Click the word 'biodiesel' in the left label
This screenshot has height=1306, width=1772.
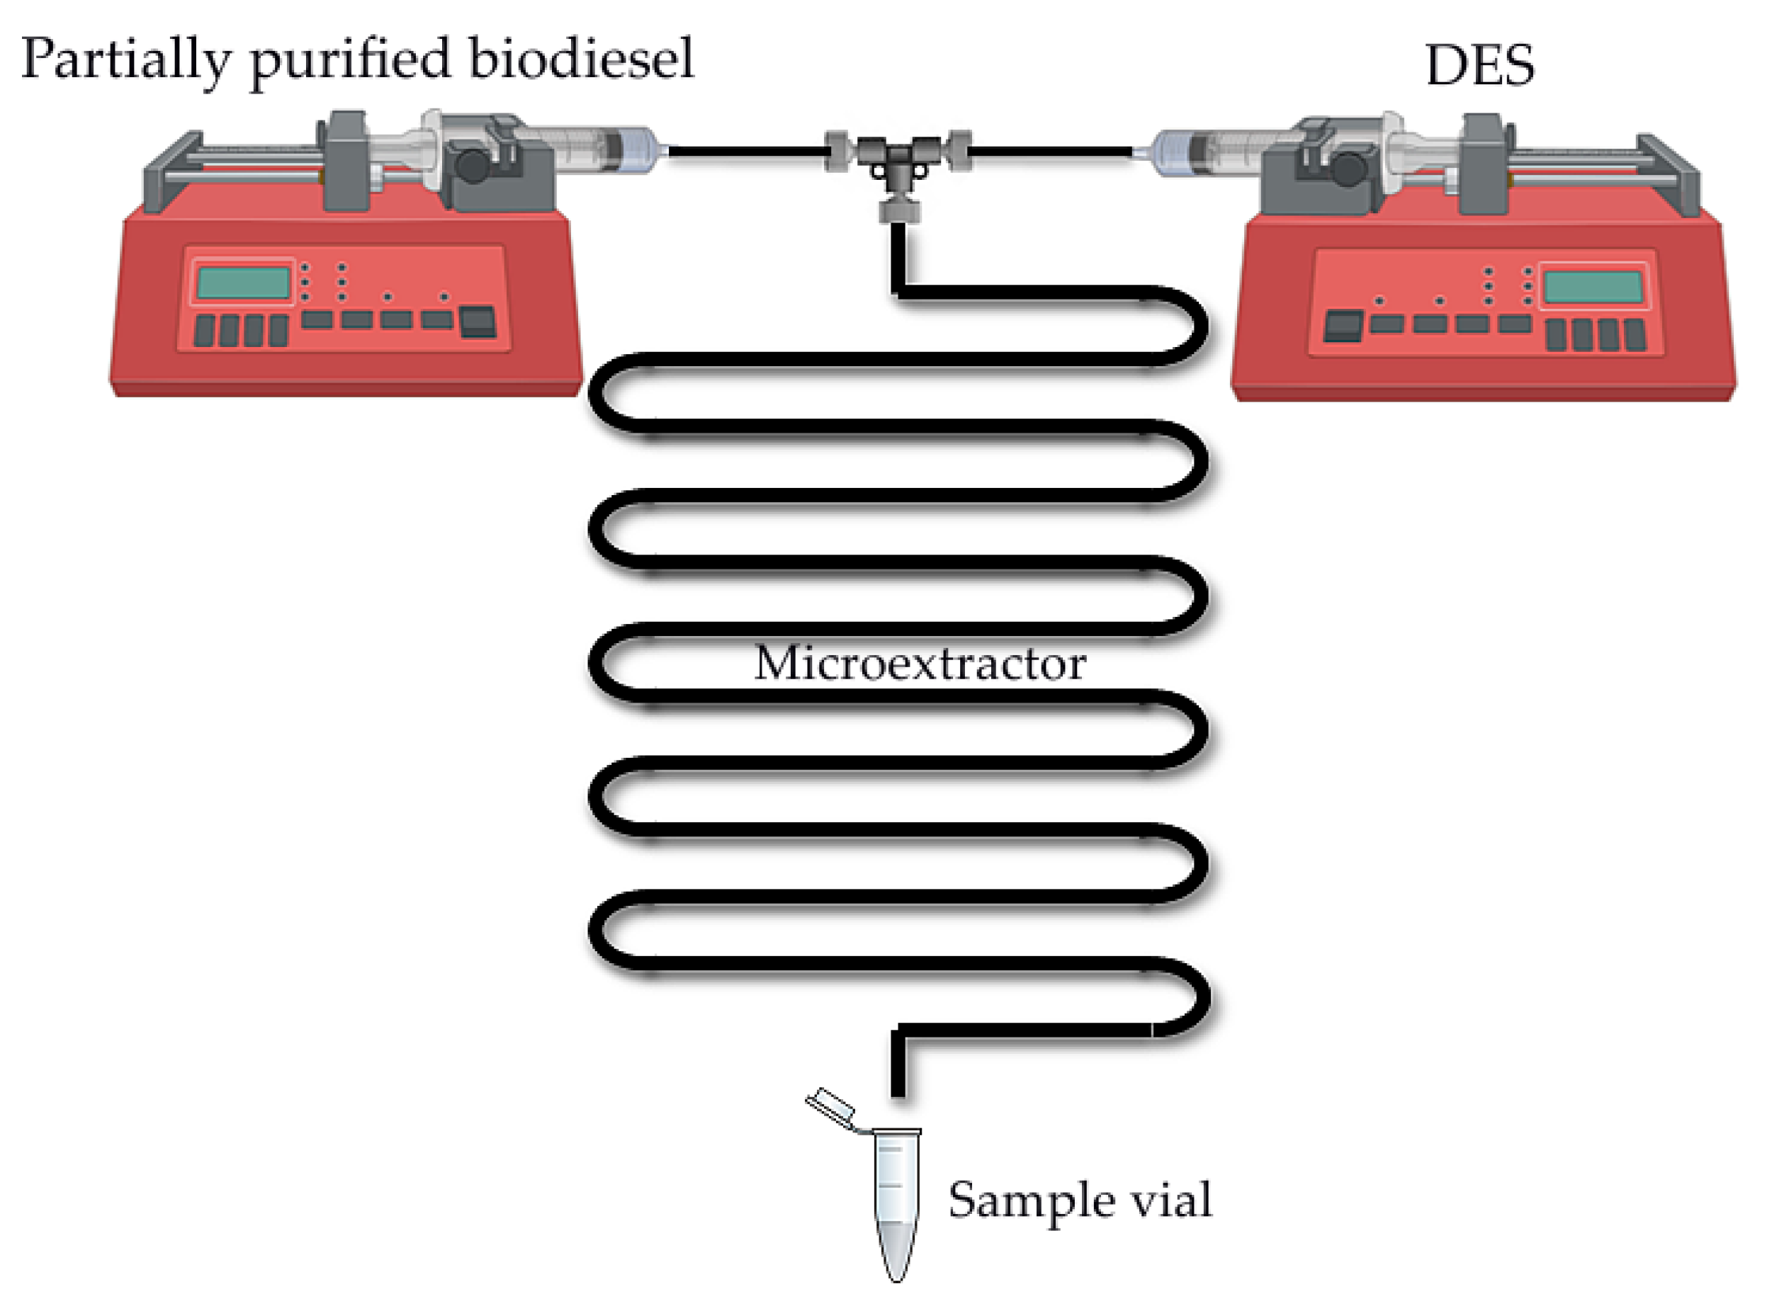581,59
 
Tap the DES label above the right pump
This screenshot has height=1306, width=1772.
1479,65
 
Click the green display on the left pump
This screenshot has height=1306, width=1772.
243,282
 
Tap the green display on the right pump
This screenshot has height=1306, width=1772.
1593,286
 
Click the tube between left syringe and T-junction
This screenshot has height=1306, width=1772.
743,150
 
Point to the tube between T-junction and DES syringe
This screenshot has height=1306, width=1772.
1051,150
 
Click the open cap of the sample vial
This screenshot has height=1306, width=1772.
830,1105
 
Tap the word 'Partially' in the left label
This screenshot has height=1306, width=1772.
127,59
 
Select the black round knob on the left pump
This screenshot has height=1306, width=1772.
473,165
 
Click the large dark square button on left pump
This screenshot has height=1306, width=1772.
478,322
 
